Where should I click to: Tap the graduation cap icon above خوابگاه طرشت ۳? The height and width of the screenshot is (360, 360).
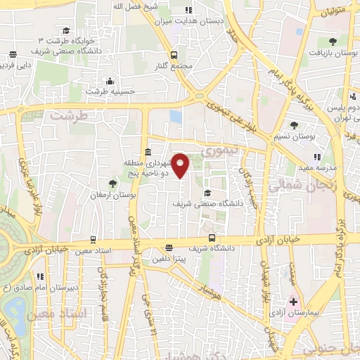(66, 30)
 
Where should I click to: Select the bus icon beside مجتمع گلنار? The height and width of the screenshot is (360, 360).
(173, 54)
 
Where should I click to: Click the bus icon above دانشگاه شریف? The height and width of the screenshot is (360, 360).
(212, 238)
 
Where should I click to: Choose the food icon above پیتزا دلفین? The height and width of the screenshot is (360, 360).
(168, 247)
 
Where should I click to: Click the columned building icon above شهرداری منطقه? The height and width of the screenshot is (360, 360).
(148, 153)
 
